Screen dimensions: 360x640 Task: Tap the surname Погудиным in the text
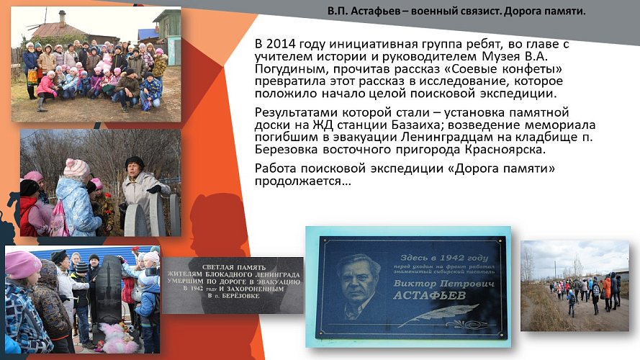click(288, 68)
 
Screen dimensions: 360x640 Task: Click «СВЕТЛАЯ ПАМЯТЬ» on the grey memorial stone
click(232, 264)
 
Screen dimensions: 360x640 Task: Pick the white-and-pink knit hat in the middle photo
click(76, 168)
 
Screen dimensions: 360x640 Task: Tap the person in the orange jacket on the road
click(607, 287)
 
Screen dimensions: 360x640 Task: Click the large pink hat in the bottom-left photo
click(24, 264)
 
